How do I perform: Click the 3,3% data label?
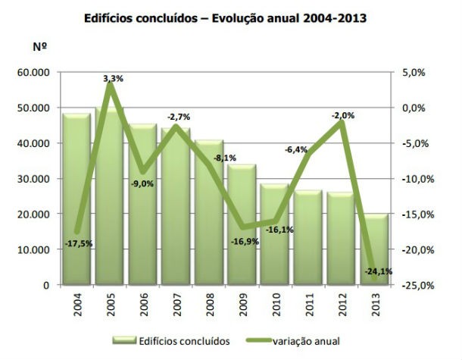pos(114,78)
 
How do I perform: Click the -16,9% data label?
pos(245,242)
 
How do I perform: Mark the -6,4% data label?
pos(296,149)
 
